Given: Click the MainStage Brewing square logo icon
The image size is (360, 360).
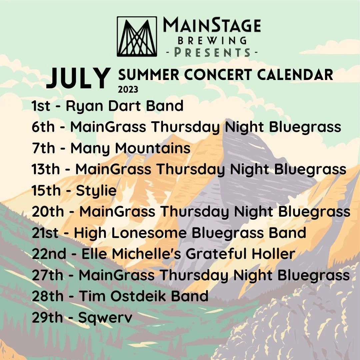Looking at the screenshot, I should (x=137, y=36).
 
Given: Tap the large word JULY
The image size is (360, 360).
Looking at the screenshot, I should (x=79, y=78).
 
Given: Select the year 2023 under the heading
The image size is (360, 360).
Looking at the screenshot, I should (x=128, y=90).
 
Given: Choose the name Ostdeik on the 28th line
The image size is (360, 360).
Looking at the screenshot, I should (x=144, y=296).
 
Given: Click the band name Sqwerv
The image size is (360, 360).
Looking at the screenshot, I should (x=105, y=318).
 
